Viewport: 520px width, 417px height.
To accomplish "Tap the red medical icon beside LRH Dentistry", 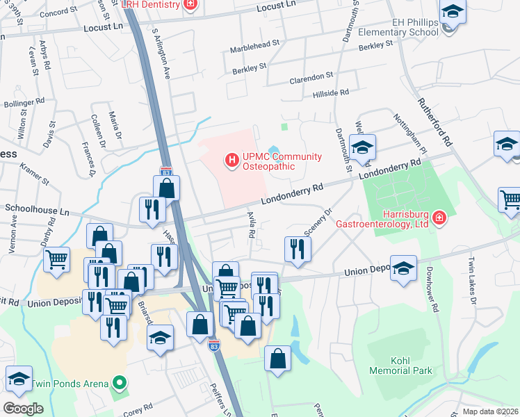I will [190, 4].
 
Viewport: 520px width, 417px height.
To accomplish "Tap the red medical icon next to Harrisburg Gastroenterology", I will [439, 219].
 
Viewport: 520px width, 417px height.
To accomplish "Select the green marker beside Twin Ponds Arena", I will [120, 383].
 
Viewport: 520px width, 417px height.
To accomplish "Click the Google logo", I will [23, 409].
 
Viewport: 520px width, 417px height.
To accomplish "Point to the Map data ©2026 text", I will [491, 411].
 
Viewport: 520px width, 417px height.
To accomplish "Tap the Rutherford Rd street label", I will [434, 120].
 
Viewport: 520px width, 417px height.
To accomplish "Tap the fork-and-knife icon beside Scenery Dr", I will [298, 249].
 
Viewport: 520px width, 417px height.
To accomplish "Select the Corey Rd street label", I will [138, 407].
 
